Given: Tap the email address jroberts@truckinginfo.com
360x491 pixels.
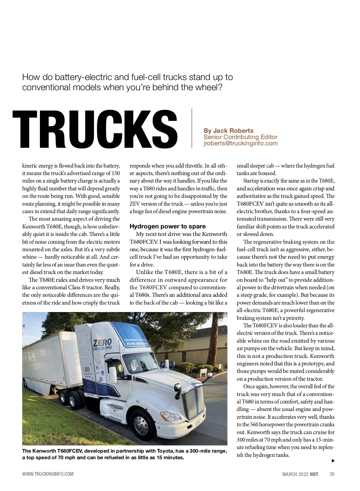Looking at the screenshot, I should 241,143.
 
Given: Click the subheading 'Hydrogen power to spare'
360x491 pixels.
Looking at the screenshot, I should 167,226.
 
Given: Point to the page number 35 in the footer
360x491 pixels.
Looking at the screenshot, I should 332,474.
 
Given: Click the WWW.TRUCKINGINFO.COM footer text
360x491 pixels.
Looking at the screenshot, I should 48,474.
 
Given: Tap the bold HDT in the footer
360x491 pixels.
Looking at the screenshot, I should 314,474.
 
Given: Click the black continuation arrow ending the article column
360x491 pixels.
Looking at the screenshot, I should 333,461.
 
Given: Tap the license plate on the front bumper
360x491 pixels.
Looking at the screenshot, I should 199,423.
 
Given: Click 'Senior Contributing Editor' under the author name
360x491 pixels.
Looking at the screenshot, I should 241,137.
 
